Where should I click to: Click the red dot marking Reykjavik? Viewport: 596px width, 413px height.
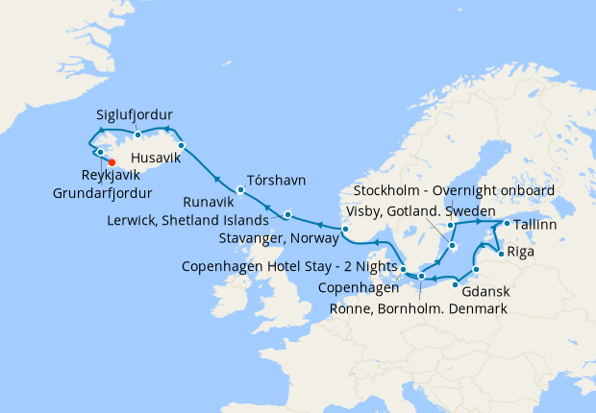tap(112, 161)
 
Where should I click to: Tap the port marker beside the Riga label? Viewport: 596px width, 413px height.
tap(501, 254)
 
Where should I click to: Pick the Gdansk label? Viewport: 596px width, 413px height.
tap(484, 290)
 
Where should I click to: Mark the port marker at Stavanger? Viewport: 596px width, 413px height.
tap(345, 229)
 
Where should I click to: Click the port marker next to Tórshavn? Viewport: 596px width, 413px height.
tap(240, 189)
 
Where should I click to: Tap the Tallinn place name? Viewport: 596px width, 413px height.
tap(534, 225)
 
